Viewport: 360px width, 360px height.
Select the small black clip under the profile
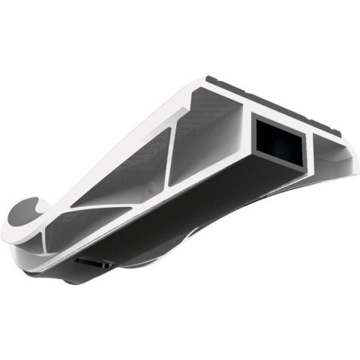[94, 262]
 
